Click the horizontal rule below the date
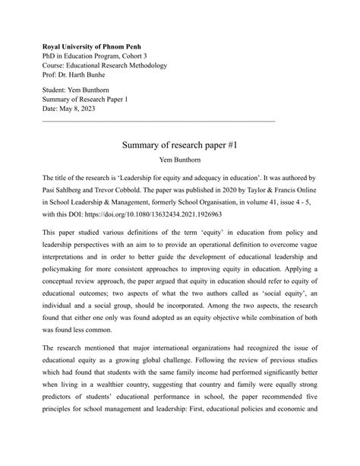pos(158,121)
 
